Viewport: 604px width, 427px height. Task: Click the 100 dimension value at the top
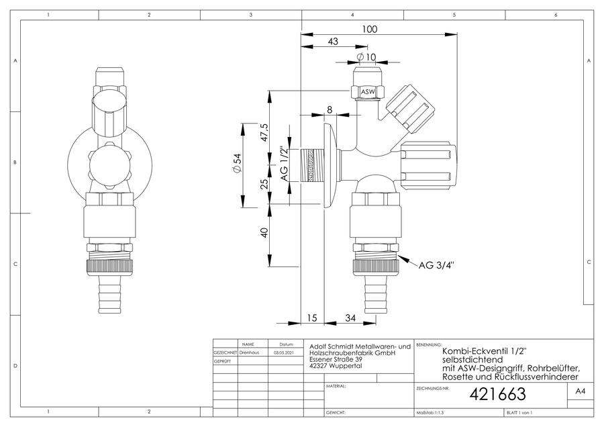point(370,30)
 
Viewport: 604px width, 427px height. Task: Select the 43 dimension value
point(333,41)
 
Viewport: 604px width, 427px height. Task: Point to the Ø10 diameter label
point(366,57)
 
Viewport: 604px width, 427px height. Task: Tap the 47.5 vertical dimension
point(264,132)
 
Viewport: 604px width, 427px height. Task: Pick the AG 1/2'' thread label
point(285,164)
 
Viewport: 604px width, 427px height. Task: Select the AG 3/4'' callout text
point(436,265)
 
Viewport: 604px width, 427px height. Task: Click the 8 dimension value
point(330,110)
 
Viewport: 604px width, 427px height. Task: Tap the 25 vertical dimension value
point(264,183)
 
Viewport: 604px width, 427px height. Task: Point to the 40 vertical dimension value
point(264,233)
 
